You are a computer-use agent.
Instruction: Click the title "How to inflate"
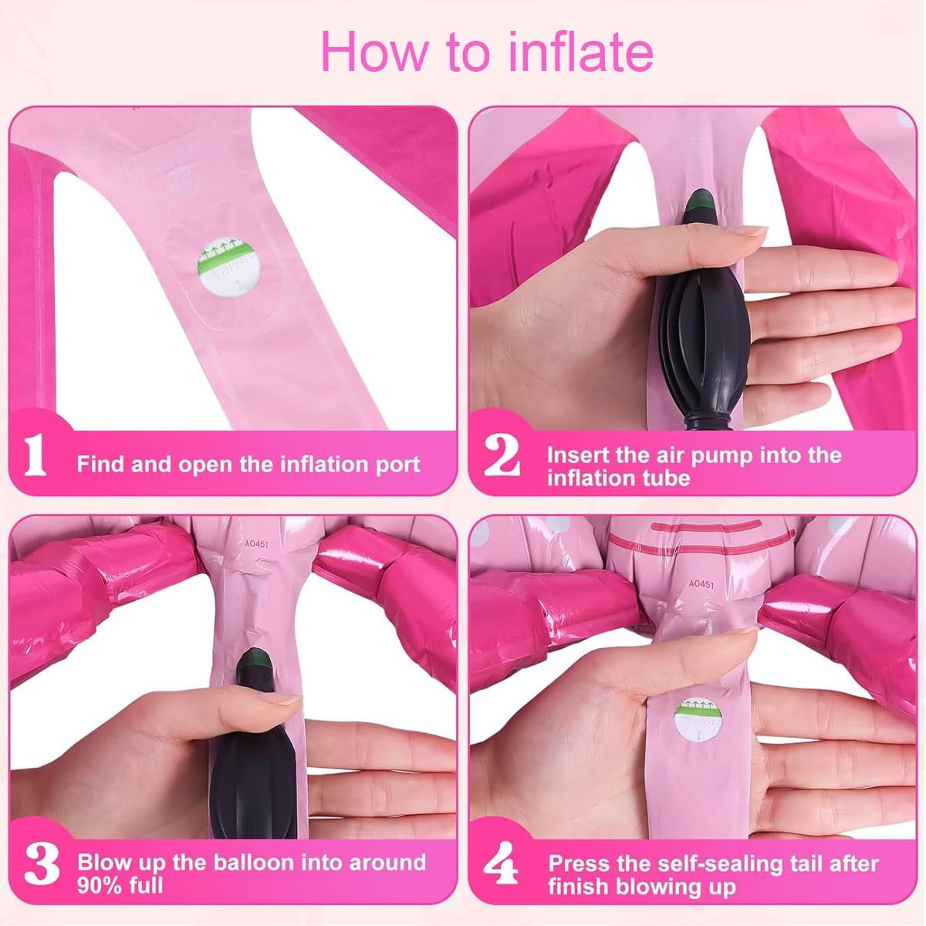487,52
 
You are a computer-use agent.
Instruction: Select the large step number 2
502,456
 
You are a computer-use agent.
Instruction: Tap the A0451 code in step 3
256,544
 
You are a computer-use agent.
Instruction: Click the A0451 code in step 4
701,584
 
